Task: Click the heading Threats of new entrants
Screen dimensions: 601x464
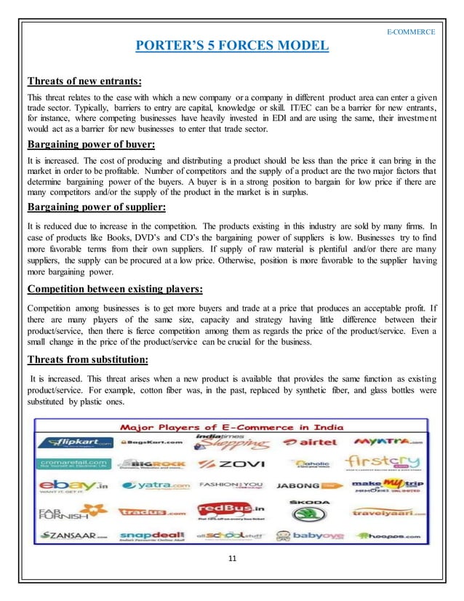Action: (84, 81)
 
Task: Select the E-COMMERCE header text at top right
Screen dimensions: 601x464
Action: (411, 32)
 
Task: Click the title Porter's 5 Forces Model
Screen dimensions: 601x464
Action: (232, 48)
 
